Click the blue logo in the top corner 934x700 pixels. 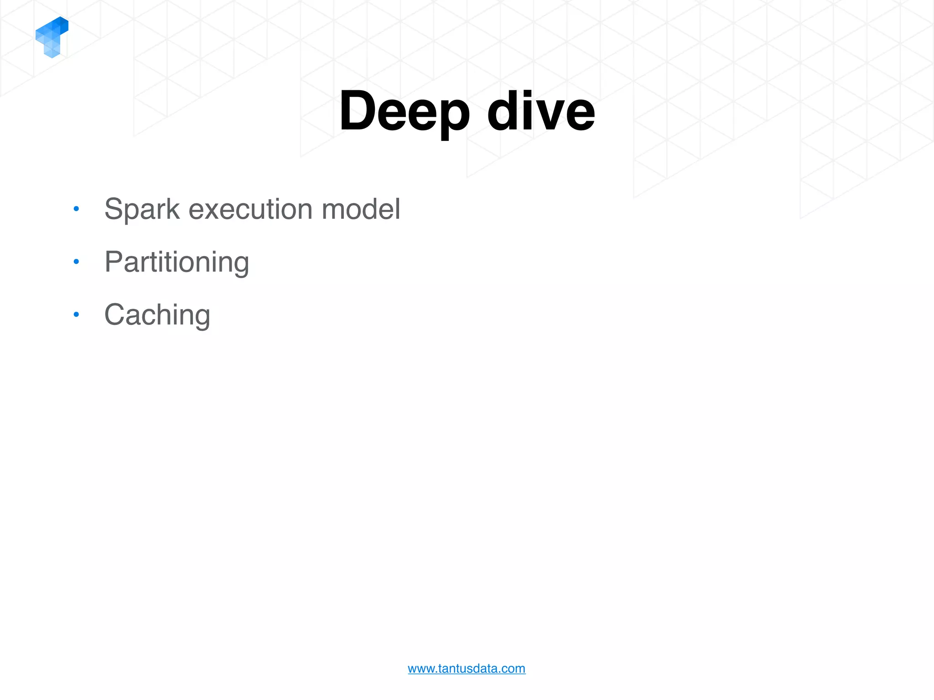coord(52,37)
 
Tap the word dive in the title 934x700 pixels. coord(541,111)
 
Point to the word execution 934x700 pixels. coord(250,209)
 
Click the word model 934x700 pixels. coord(361,209)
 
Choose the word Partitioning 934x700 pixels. coord(176,262)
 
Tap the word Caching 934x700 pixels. coord(157,315)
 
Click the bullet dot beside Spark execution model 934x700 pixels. coord(76,209)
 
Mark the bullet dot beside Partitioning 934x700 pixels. coord(76,262)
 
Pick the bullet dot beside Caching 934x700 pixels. coord(76,314)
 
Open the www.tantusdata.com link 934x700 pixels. coord(467,669)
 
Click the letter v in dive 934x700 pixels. coord(548,116)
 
